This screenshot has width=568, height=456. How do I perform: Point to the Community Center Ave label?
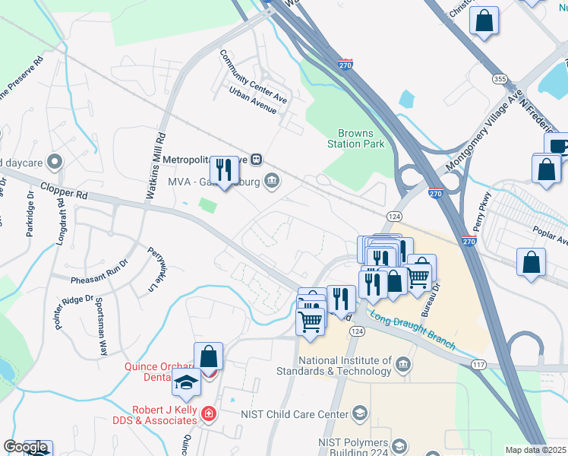pos(254,77)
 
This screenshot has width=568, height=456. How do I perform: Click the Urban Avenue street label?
pos(253,100)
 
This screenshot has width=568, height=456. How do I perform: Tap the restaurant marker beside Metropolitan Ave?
pos(223,171)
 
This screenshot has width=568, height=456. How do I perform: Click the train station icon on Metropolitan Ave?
pos(257,160)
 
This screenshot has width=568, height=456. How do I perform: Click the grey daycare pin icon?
pos(54,162)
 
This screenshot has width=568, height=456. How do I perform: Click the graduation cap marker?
pos(186,383)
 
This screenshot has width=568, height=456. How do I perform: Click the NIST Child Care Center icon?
pos(360,414)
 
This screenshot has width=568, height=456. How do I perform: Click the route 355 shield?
pos(500,78)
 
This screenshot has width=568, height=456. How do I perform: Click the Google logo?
pos(25,448)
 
